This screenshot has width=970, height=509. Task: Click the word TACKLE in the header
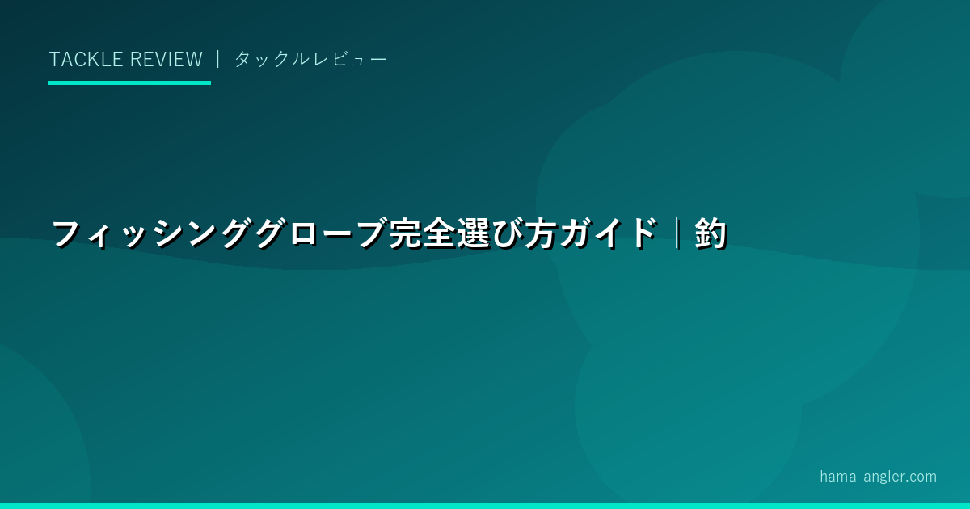(x=86, y=59)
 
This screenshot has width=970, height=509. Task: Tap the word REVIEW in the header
(x=167, y=59)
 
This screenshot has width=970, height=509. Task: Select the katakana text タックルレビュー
(x=310, y=59)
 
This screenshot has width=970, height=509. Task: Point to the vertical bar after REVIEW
(x=218, y=59)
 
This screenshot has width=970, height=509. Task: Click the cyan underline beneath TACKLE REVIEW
(x=129, y=82)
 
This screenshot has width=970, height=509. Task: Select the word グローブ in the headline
(x=320, y=234)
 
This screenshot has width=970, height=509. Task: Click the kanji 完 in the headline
(x=405, y=234)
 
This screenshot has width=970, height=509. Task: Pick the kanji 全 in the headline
(x=439, y=234)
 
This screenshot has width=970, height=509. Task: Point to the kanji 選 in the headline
(x=473, y=234)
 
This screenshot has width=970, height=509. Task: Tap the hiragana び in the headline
(x=506, y=234)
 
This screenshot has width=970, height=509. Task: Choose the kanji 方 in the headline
(x=541, y=234)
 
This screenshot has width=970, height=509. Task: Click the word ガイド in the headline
(x=607, y=234)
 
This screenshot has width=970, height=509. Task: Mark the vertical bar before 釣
(x=677, y=234)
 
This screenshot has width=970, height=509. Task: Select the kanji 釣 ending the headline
(x=711, y=234)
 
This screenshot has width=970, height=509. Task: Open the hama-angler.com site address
(x=878, y=477)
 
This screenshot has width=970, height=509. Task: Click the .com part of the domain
(x=918, y=477)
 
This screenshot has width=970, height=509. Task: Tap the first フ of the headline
(x=66, y=234)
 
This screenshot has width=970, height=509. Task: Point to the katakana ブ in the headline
(x=370, y=234)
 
